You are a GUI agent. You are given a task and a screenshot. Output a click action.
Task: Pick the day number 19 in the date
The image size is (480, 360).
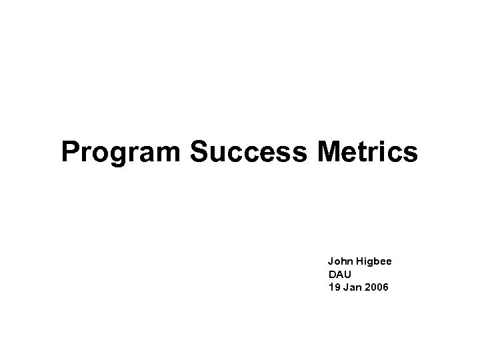coord(334,287)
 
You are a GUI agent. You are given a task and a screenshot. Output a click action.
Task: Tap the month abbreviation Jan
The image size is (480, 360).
coord(351,287)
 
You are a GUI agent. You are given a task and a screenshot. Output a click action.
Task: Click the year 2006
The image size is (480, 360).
coord(379,287)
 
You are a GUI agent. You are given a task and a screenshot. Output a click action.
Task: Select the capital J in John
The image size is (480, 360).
coord(331,262)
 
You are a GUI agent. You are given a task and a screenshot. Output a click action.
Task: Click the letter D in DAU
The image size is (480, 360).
coord(331,275)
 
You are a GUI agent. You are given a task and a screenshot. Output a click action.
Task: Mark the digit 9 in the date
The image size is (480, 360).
coord(336,287)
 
